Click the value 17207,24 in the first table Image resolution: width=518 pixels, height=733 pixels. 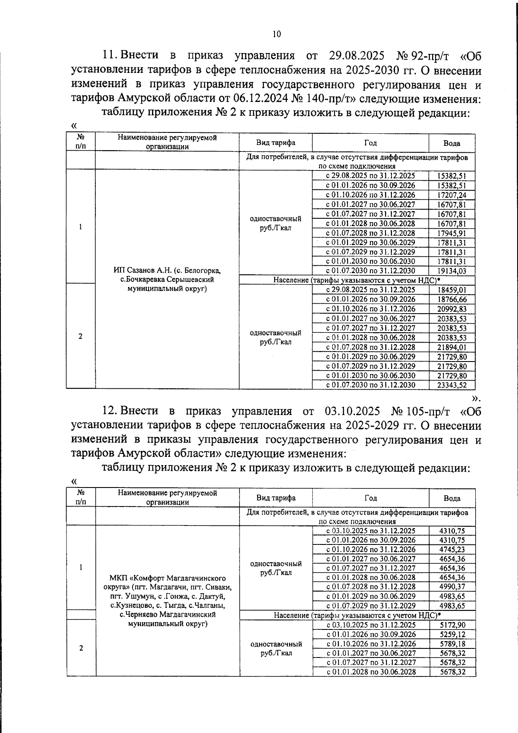452,195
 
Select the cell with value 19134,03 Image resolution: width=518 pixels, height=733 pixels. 452,271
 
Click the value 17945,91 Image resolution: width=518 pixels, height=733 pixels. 452,233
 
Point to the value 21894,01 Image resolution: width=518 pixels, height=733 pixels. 452,347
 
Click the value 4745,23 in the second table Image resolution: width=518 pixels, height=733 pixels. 452,550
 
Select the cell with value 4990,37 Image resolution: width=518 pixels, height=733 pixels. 452,587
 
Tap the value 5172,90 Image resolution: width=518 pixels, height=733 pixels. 452,625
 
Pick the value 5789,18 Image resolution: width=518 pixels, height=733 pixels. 452,644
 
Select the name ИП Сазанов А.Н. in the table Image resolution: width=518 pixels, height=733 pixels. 143,271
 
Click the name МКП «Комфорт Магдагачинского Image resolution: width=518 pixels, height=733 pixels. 168,577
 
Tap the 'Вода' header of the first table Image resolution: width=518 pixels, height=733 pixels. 452,143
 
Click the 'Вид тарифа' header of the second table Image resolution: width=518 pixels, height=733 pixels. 276,498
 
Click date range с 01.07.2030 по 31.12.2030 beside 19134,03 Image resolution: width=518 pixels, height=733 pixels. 370,271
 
